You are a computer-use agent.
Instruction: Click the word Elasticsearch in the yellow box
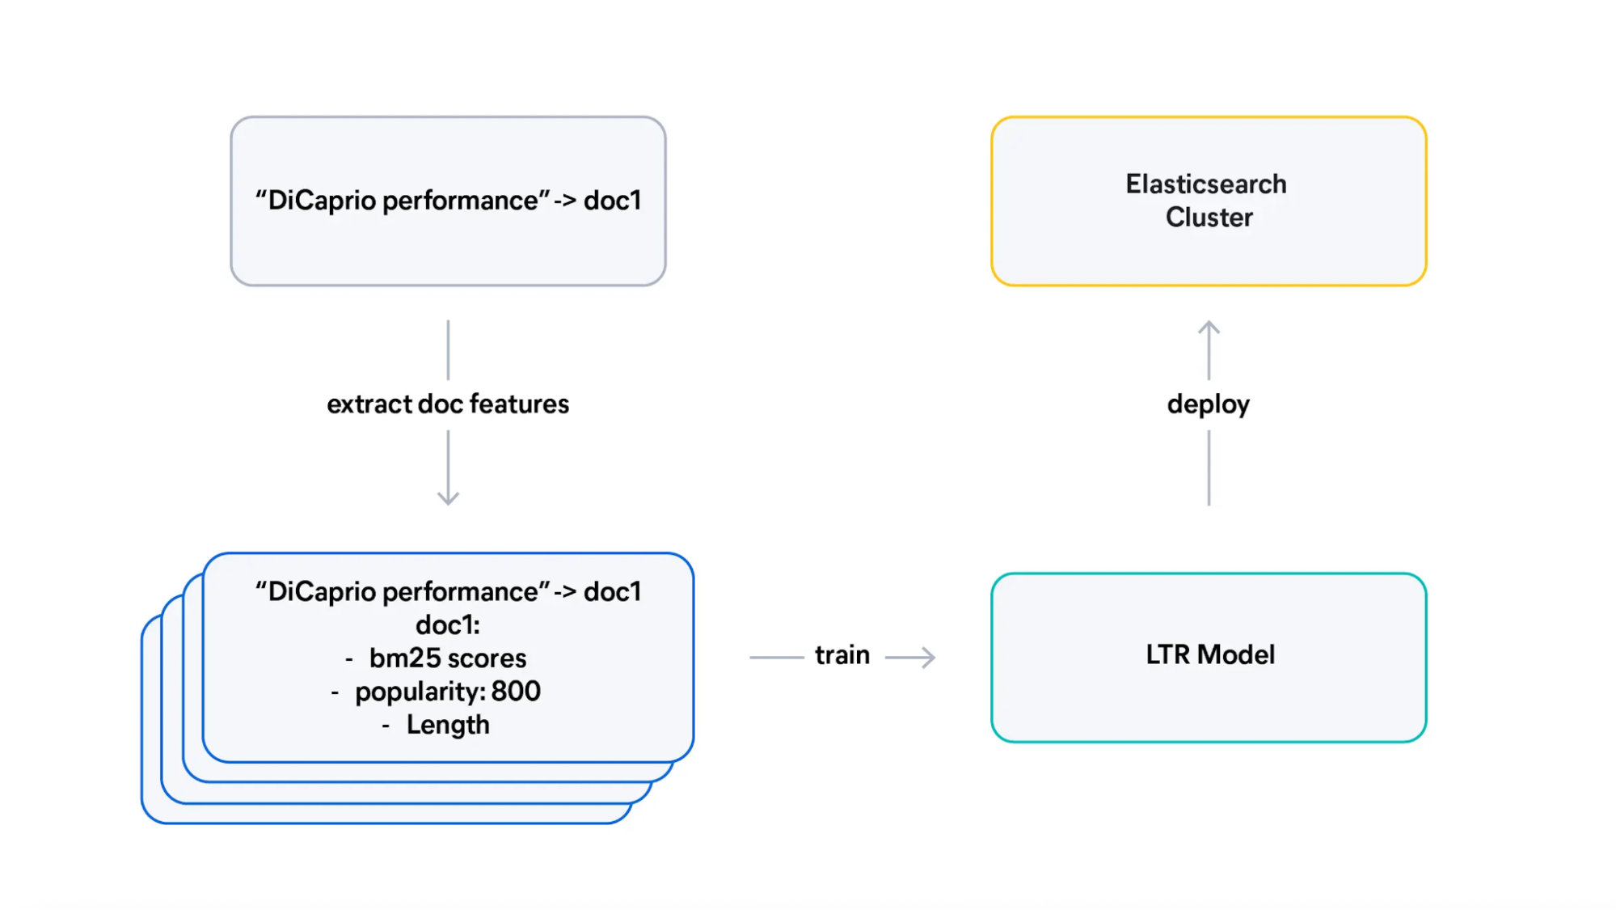tap(1205, 184)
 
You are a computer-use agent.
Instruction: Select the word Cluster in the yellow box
tap(1209, 218)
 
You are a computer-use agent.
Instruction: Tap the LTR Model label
tap(1210, 654)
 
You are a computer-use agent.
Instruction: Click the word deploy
tap(1208, 404)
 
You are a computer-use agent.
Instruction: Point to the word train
tap(842, 655)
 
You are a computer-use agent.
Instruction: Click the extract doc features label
tap(448, 404)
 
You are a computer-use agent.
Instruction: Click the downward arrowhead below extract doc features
tap(448, 499)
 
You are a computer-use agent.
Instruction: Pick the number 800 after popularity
tap(516, 692)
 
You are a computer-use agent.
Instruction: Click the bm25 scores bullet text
tap(448, 658)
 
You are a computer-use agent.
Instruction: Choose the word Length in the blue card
tap(448, 725)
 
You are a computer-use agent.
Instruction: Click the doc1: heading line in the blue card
tap(448, 625)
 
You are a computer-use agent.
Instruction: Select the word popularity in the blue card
tap(420, 692)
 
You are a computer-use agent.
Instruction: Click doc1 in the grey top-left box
tap(612, 201)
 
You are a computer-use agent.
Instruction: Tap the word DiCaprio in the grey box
tap(323, 201)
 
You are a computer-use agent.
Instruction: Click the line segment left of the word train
tap(776, 657)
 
